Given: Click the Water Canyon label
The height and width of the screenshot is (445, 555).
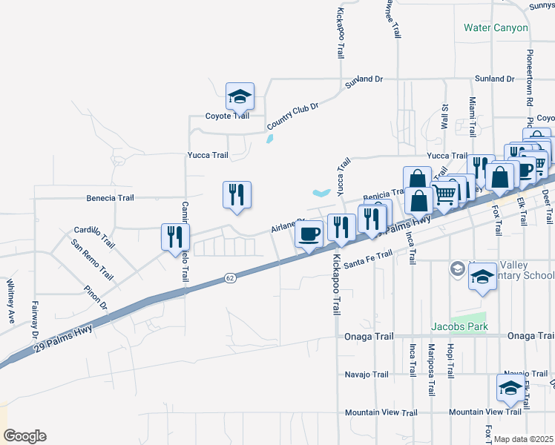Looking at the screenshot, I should coord(496,28).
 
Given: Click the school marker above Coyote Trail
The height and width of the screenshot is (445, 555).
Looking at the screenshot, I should coord(240,96).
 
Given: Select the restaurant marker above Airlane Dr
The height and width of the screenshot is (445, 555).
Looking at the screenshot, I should coord(237,194).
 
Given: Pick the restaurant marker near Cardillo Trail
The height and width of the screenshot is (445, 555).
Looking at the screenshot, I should coord(175,237).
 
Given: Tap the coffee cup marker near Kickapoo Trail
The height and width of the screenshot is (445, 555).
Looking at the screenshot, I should coord(309,233).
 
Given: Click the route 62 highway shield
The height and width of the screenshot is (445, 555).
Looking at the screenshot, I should coord(230,278).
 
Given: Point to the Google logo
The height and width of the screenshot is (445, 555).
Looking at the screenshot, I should coord(24,436).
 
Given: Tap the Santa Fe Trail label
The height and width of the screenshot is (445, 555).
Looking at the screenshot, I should coord(367,257).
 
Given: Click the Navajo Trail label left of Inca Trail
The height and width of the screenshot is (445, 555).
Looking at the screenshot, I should coord(367,375).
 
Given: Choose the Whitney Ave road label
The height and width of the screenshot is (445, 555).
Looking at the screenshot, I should coord(10,300).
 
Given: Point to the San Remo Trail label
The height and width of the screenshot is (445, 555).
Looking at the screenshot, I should coord(92,260).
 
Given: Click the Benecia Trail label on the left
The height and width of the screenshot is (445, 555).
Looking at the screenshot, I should coord(110,198).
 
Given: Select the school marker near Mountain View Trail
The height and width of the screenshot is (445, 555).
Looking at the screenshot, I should coord(510,388).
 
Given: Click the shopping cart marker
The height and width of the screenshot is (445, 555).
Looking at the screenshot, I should coord(444,194).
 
